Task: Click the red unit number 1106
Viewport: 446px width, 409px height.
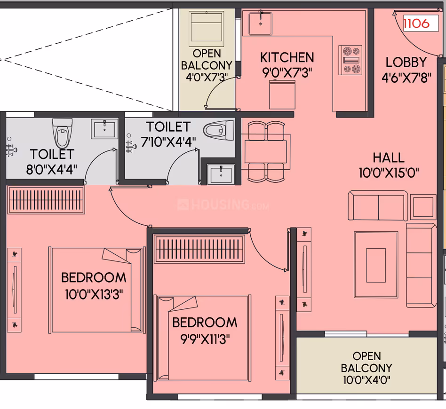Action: point(416,24)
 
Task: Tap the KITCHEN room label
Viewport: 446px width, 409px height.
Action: point(287,58)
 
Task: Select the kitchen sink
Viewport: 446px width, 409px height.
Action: point(260,23)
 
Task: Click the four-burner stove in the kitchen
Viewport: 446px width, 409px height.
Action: point(350,60)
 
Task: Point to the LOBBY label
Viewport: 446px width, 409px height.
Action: point(406,62)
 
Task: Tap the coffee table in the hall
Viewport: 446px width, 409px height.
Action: point(376,265)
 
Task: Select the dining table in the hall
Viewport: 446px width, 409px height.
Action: point(266,151)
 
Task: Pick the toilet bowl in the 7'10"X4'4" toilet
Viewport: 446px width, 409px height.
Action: point(218,131)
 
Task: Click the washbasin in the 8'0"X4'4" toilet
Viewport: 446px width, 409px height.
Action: point(104,129)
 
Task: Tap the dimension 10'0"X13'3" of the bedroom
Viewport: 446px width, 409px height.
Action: point(94,294)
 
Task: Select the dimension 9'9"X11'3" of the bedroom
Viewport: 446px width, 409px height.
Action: point(205,339)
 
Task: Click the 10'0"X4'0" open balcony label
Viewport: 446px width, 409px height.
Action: point(366,368)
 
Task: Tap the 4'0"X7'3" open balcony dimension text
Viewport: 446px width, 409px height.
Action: point(207,77)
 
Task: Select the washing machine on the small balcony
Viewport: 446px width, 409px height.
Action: point(207,29)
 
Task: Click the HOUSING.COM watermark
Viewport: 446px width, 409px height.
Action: point(223,204)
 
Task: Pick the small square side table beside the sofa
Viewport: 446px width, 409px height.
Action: point(423,207)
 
